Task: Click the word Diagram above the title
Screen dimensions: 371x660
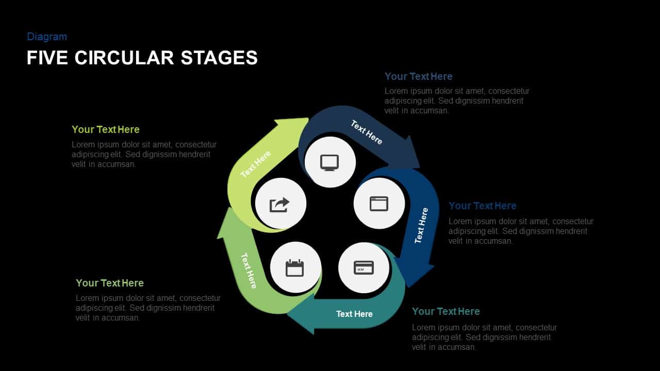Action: click(x=47, y=37)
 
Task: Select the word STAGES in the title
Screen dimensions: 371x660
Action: click(x=219, y=58)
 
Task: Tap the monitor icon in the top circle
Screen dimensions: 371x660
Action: click(x=329, y=162)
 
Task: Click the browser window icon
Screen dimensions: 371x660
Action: click(x=379, y=203)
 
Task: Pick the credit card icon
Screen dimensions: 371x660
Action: click(x=364, y=268)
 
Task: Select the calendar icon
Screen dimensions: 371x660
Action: click(x=295, y=268)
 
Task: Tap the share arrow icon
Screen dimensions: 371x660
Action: click(x=280, y=205)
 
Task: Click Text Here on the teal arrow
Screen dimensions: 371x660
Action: click(x=354, y=314)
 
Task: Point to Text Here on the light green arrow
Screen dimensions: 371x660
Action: click(x=256, y=164)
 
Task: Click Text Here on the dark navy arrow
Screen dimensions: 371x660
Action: click(x=367, y=132)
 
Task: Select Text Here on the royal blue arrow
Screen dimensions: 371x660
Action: click(x=421, y=225)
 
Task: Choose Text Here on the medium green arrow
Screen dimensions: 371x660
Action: click(x=249, y=271)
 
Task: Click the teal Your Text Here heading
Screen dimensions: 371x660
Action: click(x=445, y=311)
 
